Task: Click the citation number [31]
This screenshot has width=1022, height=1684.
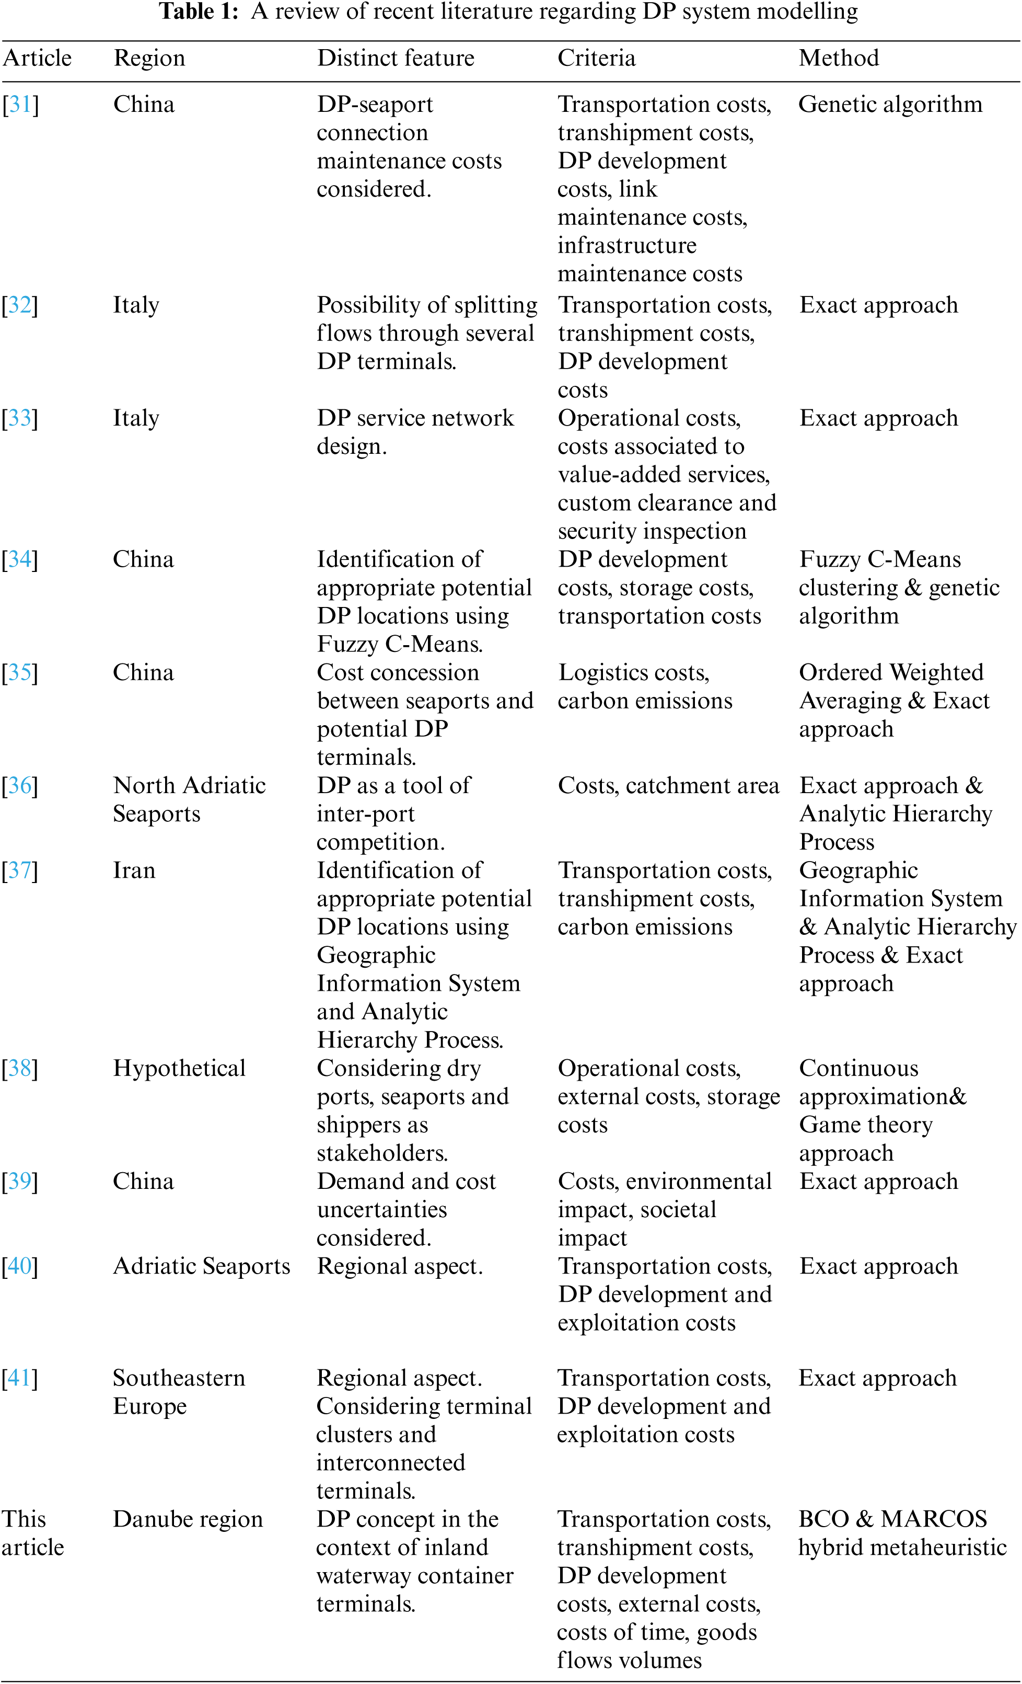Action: point(20,105)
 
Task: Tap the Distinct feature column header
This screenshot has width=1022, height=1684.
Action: point(395,58)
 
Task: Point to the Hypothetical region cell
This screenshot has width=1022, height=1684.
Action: point(179,1068)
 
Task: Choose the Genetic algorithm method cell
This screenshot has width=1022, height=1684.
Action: point(890,105)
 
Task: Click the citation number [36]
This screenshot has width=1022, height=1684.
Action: point(20,785)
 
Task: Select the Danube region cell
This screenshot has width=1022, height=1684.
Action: point(188,1519)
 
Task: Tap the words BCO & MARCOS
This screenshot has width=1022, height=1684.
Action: point(892,1519)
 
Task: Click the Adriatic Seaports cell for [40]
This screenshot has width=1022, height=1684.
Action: point(202,1266)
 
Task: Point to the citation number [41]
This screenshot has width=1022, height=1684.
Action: point(20,1378)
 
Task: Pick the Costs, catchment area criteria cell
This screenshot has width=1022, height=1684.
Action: point(668,785)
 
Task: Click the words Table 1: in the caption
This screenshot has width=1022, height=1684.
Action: point(198,11)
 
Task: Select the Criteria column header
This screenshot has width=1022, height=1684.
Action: point(596,58)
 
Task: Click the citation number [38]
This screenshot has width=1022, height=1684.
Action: point(20,1068)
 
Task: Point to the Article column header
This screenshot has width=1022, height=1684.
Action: point(37,58)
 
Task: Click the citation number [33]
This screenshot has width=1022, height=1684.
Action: point(20,418)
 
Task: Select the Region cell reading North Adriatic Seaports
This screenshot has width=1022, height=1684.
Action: point(189,799)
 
